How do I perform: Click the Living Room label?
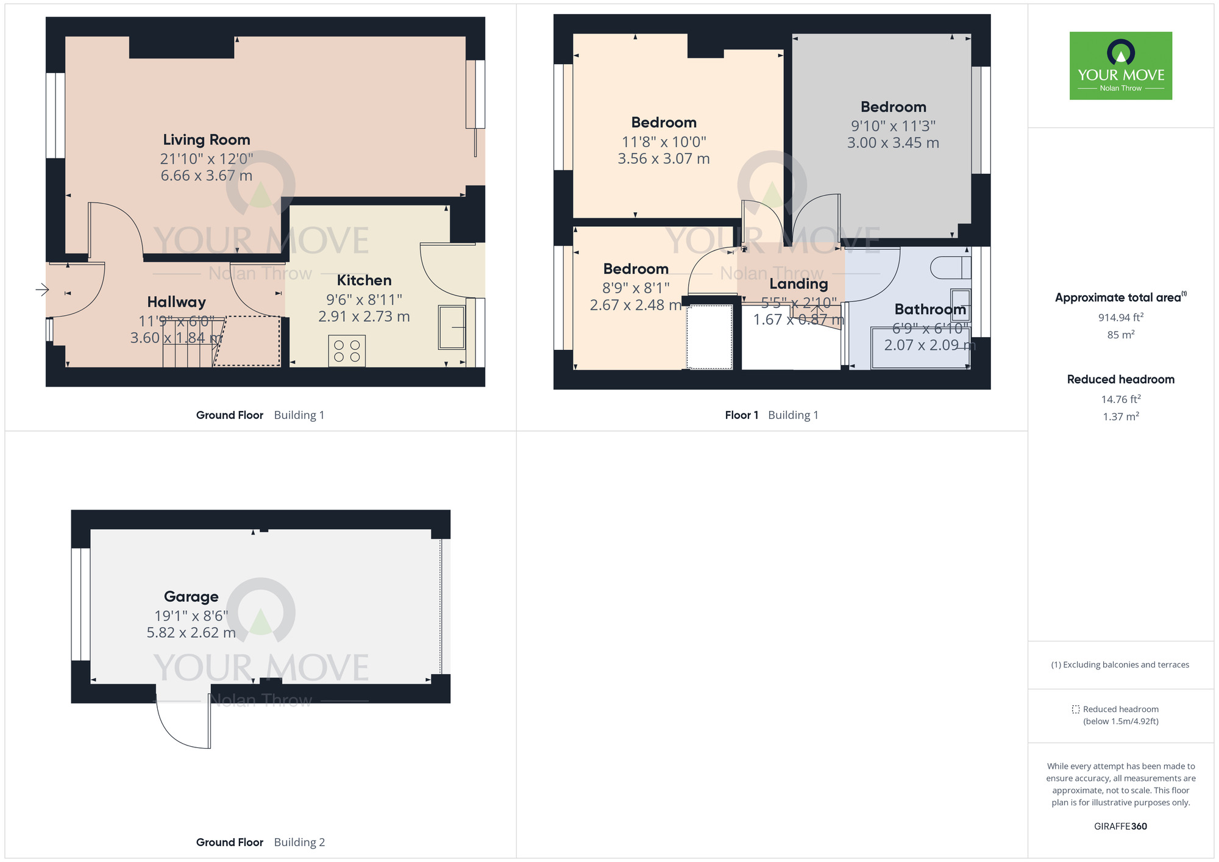point(206,140)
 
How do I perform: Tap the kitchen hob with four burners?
point(347,351)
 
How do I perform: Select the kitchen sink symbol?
point(452,327)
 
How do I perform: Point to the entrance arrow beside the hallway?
point(42,289)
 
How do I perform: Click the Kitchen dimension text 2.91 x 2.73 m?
point(364,316)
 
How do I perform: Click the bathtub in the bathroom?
point(920,349)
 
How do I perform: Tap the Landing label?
point(798,283)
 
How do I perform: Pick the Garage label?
point(191,596)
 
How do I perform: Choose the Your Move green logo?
point(1120,66)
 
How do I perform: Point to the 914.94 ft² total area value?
point(1120,318)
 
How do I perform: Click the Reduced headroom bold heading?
point(1120,379)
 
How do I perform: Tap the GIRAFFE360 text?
point(1120,827)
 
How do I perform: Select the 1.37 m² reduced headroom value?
point(1120,417)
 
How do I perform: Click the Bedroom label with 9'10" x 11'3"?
point(893,107)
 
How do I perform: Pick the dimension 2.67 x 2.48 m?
point(635,305)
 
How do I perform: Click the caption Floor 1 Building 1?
point(771,415)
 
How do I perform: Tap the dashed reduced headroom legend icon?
point(1076,710)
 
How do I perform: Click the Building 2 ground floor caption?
point(260,842)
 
